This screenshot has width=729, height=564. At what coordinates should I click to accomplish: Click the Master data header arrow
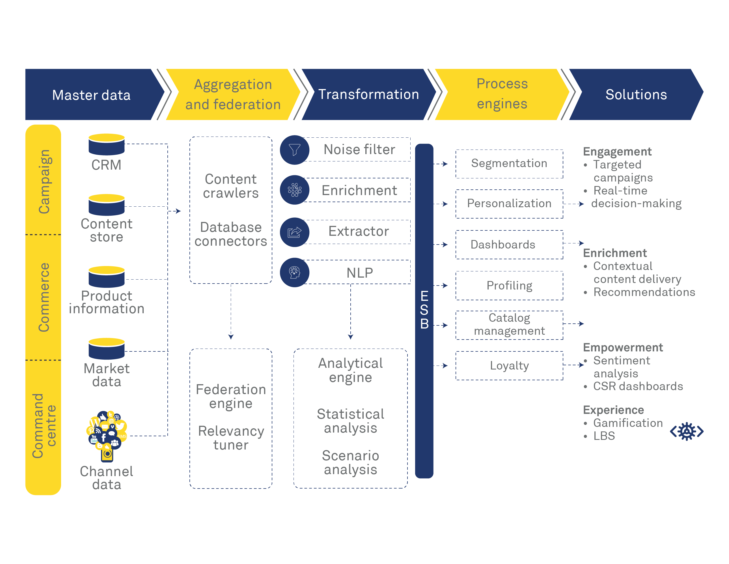91,95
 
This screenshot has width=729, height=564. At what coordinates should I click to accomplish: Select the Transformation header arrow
368,94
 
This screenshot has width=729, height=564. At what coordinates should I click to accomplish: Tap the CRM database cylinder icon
107,144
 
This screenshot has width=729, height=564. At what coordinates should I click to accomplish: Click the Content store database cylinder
107,205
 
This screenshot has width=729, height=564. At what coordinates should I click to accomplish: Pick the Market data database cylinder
107,349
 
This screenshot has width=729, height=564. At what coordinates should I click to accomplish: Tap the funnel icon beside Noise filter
294,150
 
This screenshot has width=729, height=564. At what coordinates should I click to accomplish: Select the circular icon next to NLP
294,272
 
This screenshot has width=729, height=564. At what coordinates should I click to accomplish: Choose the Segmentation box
509,163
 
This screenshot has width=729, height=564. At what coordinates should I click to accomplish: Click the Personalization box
509,204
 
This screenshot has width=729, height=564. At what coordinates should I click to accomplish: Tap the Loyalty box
509,366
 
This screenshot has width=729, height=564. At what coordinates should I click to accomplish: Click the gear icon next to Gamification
686,431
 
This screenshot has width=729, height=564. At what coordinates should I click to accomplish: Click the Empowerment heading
622,347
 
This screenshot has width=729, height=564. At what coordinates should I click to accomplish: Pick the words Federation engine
231,396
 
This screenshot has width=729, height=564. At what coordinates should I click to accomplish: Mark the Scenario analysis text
350,463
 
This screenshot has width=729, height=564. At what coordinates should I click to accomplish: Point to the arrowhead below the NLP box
350,337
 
